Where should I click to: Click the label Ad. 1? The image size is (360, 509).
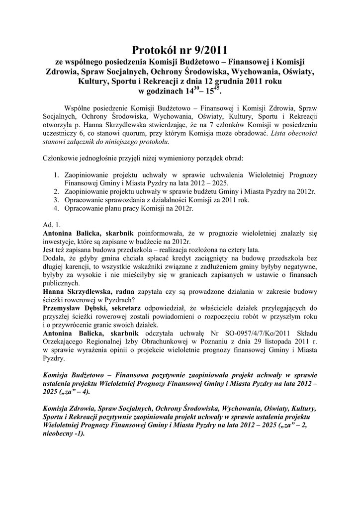52,225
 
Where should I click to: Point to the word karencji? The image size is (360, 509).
83,266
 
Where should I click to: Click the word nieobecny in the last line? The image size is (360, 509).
61,432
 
